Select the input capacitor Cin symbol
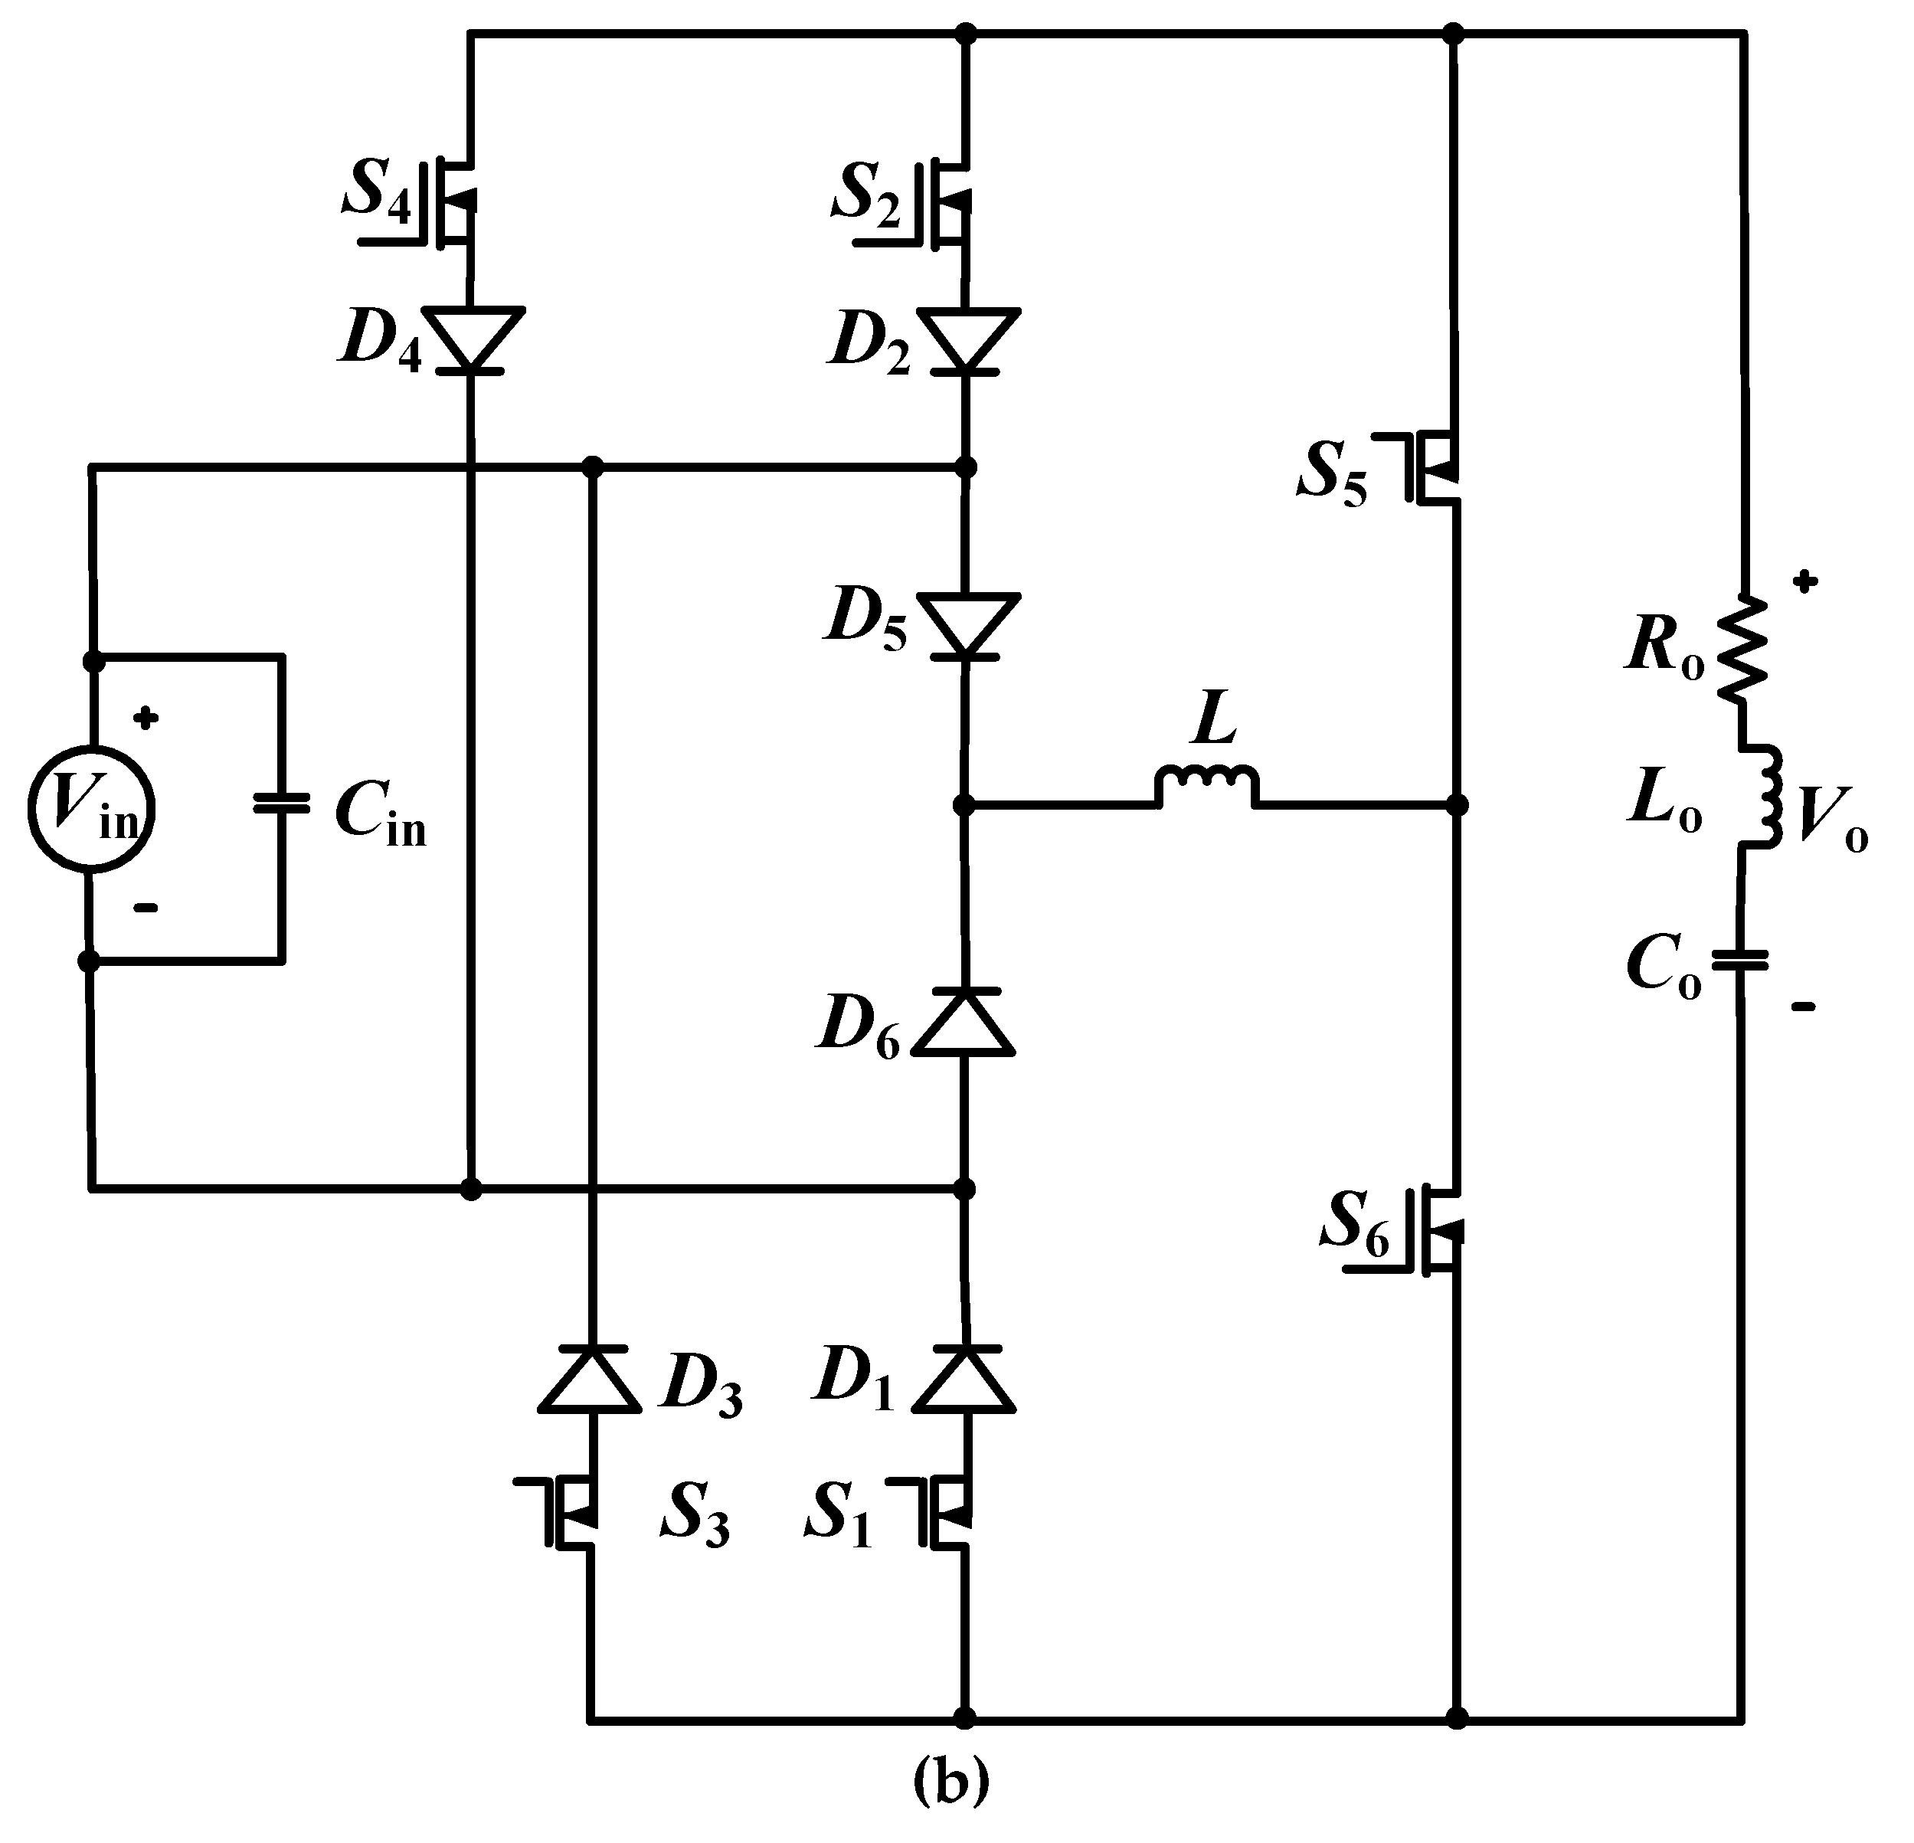coord(281,804)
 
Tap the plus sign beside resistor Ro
coord(1805,582)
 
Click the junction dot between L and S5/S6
coord(1456,806)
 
